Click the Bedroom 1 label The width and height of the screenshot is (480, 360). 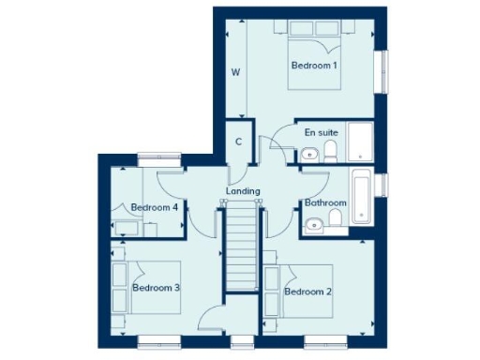(314, 65)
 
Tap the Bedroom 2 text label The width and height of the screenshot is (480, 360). (308, 292)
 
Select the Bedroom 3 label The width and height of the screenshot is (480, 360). (156, 287)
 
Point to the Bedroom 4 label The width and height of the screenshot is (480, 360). (155, 207)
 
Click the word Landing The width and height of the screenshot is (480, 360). (243, 191)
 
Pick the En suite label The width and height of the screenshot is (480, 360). (322, 132)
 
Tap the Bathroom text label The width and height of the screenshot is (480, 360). (325, 202)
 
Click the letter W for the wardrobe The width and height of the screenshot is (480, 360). (237, 71)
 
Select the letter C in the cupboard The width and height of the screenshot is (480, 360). (240, 142)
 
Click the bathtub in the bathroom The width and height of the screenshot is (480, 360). (362, 198)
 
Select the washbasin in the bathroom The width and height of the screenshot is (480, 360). (337, 221)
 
